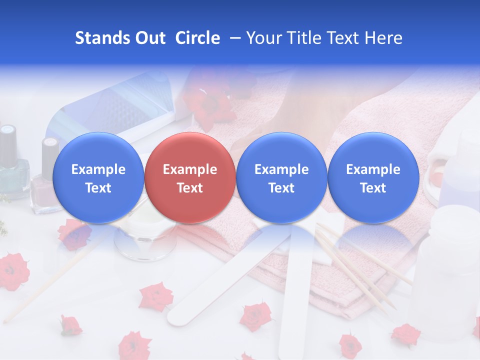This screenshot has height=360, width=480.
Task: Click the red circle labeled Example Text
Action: coord(189,177)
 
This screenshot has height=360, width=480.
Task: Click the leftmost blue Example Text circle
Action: coord(98,177)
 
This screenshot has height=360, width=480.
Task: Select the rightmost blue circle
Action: coord(373,177)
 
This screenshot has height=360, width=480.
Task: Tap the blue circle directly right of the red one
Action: coord(281,177)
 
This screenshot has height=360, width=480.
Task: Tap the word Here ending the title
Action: coord(383,38)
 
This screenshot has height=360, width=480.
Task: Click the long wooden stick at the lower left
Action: coord(40,290)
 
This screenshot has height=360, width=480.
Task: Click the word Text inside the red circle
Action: coord(189,188)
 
